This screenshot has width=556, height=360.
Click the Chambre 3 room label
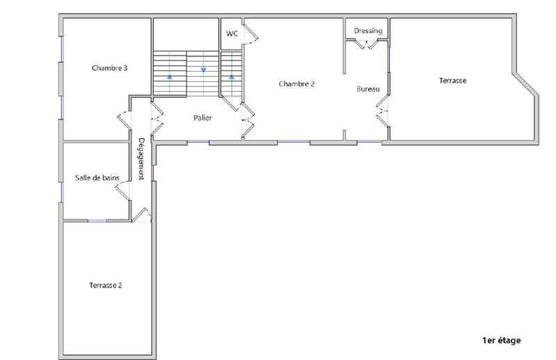point(109,68)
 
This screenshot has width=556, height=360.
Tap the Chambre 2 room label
point(297,83)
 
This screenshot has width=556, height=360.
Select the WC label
point(232,33)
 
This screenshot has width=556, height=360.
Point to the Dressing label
point(368,31)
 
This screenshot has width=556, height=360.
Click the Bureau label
point(368,89)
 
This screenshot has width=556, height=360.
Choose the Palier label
point(202,118)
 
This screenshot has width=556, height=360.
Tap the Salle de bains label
point(97,178)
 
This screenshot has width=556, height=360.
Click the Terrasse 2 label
point(106,286)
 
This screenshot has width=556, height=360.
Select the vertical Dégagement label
point(141,159)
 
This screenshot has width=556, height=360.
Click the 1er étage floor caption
point(500,341)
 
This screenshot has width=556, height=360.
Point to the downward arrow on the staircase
point(204,69)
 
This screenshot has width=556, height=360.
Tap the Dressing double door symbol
point(368,44)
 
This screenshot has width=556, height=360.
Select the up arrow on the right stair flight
point(231,76)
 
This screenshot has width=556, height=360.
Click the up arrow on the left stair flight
point(170,76)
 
